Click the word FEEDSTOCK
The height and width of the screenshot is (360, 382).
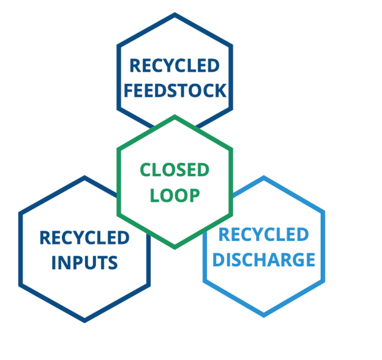pyautogui.click(x=175, y=91)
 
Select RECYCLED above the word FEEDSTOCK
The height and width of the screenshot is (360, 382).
pyautogui.click(x=175, y=66)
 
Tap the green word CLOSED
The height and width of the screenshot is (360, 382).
pyautogui.click(x=175, y=170)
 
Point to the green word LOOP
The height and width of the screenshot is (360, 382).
pyautogui.click(x=175, y=195)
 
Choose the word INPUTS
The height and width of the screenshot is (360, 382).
pyautogui.click(x=84, y=263)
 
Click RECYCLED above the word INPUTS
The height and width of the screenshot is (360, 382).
pyautogui.click(x=84, y=237)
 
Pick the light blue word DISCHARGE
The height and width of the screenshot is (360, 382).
pyautogui.click(x=264, y=260)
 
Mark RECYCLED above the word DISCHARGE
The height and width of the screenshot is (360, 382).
pyautogui.click(x=264, y=234)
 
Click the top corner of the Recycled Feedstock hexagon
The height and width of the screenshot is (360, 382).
pyautogui.click(x=175, y=15)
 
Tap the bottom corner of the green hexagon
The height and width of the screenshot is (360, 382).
pyautogui.click(x=175, y=246)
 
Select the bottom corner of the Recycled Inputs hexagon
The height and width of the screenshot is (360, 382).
pyautogui.click(x=84, y=320)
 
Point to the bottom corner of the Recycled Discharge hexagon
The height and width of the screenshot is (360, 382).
pyautogui.click(x=264, y=315)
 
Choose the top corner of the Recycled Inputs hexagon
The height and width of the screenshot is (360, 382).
pyautogui.click(x=84, y=178)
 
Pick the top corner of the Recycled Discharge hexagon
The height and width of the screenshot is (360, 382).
pyautogui.click(x=264, y=178)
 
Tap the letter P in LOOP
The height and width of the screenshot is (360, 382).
pyautogui.click(x=194, y=195)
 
